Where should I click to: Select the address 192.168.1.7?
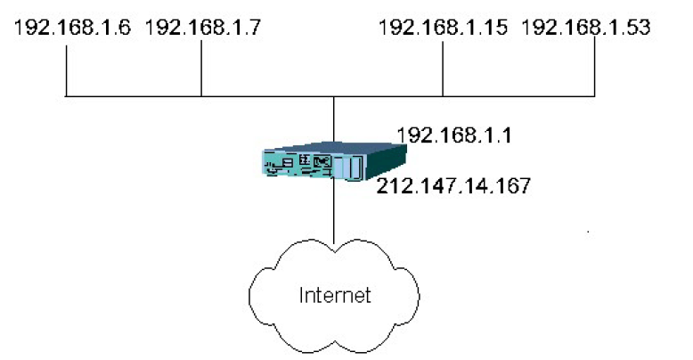click(202, 27)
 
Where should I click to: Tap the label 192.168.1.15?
click(443, 27)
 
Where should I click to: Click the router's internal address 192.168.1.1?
click(445, 135)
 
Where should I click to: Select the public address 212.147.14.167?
click(453, 186)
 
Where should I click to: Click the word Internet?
click(334, 294)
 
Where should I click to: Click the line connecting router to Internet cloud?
click(332, 214)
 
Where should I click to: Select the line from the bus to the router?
click(332, 120)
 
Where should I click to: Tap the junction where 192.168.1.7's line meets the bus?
click(201, 94)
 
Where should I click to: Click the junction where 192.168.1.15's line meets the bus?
click(443, 94)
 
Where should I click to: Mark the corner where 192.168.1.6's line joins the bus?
click(67, 94)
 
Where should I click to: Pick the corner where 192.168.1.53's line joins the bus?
click(594, 94)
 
